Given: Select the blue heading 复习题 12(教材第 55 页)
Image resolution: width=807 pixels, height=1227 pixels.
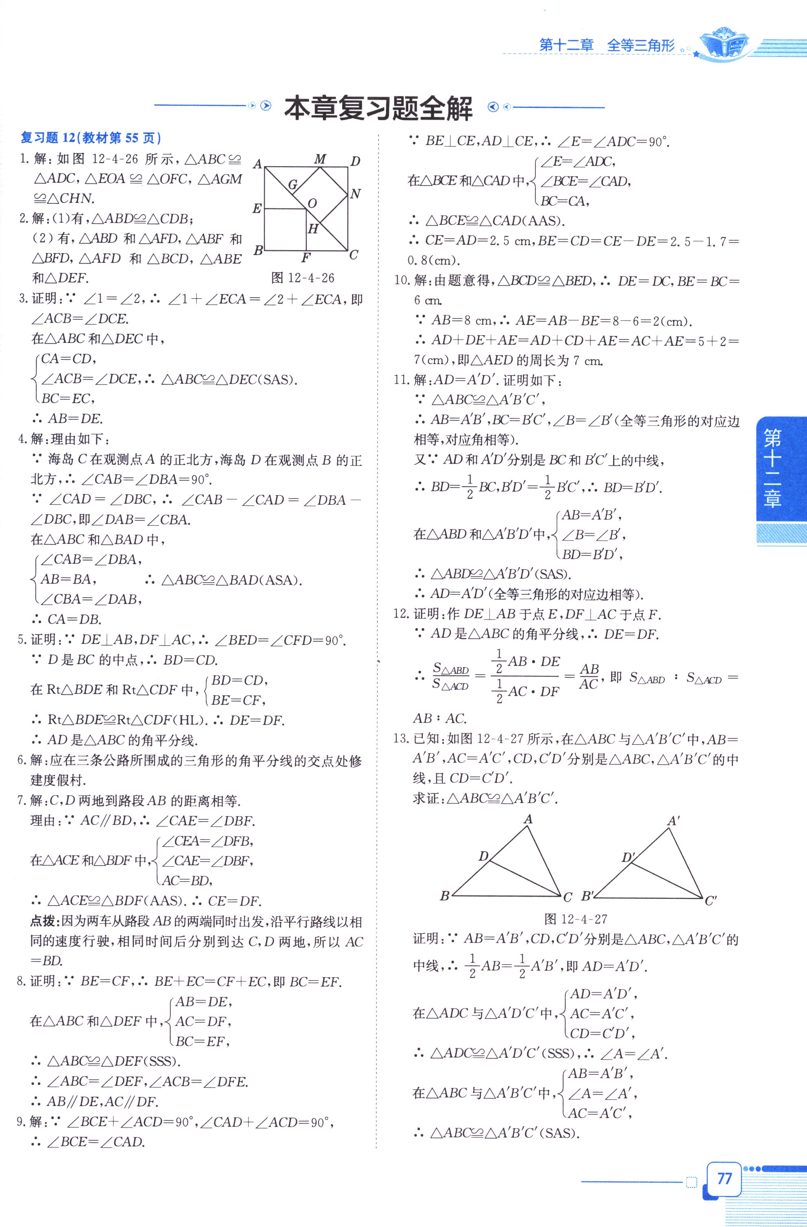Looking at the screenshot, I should pyautogui.click(x=91, y=138).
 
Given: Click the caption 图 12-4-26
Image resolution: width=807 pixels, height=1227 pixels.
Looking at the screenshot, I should pyautogui.click(x=303, y=278).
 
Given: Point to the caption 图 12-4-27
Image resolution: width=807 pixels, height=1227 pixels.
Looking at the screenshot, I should pyautogui.click(x=576, y=919).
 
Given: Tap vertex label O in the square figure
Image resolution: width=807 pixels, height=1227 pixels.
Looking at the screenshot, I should pyautogui.click(x=312, y=204).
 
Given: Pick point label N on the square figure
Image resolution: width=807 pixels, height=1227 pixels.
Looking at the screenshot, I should pyautogui.click(x=355, y=194).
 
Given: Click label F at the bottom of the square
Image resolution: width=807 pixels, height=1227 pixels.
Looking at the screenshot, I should pyautogui.click(x=306, y=258).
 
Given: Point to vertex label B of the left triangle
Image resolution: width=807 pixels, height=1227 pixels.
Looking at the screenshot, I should pyautogui.click(x=445, y=896).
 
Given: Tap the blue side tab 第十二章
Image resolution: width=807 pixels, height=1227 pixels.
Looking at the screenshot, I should pyautogui.click(x=772, y=469).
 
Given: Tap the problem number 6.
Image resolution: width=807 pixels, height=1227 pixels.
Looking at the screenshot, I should pyautogui.click(x=22, y=760).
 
